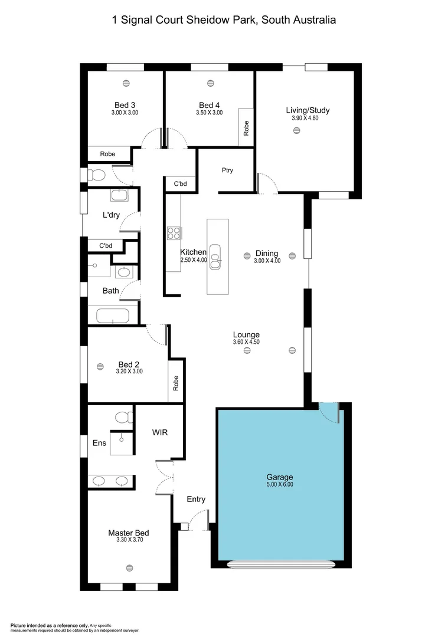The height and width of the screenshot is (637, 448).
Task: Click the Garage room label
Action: coord(279,477)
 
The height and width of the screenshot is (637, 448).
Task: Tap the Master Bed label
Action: coord(125,533)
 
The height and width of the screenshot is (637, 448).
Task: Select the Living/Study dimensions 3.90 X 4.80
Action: coord(308,118)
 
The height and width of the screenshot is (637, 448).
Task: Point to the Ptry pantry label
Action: coord(227,170)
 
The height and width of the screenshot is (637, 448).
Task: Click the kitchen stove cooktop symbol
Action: coord(174,233)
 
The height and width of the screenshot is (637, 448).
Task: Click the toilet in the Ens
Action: coord(123,418)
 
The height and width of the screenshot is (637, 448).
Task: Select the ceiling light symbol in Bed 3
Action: coord(126,83)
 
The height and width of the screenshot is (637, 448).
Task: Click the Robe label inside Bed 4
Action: coord(246,128)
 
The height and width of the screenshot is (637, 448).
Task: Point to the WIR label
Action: coord(160,432)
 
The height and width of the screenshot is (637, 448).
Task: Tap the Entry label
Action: coord(196,500)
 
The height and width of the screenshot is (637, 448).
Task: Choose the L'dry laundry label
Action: coord(111,215)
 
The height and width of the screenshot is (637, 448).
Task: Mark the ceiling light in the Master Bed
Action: coord(129,567)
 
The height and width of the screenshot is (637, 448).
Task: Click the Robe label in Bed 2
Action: coord(175,384)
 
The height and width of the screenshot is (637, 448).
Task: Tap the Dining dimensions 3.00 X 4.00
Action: coord(267,261)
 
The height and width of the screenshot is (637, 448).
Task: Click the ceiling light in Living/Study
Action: coord(296,132)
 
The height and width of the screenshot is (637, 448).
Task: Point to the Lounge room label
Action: coord(246,334)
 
